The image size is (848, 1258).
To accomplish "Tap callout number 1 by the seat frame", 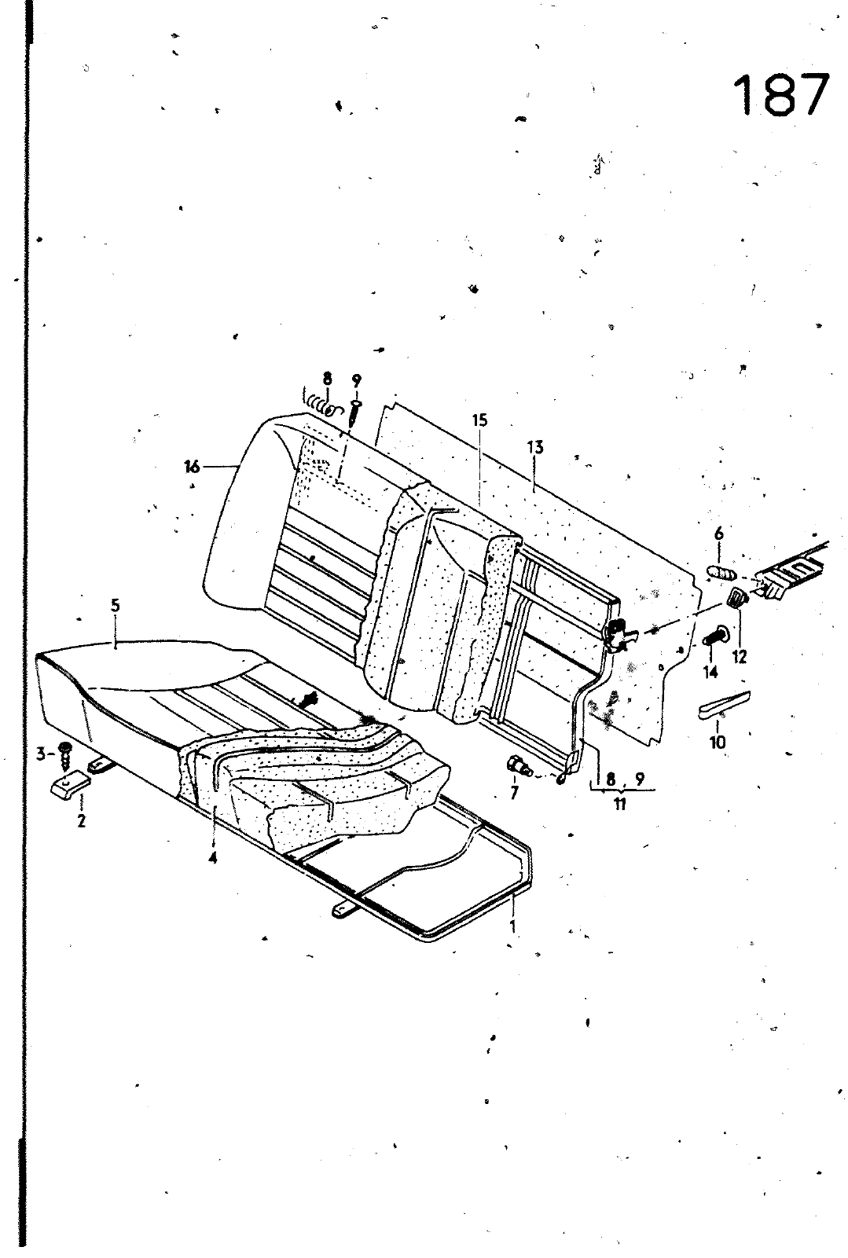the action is (x=512, y=926).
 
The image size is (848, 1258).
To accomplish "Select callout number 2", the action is (x=82, y=821).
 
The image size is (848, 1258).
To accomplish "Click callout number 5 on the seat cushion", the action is (x=116, y=606).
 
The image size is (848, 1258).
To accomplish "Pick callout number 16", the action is (x=192, y=466).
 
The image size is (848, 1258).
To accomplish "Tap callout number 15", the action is (x=480, y=420).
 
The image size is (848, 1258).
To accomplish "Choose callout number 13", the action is (x=536, y=447).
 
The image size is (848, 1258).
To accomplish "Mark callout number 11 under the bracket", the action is (x=619, y=805).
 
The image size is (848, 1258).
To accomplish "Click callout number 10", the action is (x=718, y=743).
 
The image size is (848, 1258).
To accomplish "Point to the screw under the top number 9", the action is (x=354, y=413).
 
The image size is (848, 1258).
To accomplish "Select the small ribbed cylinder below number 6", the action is (x=721, y=574).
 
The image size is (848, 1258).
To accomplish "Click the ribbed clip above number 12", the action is (x=737, y=598).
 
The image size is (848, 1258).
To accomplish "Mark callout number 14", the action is (x=711, y=673).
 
